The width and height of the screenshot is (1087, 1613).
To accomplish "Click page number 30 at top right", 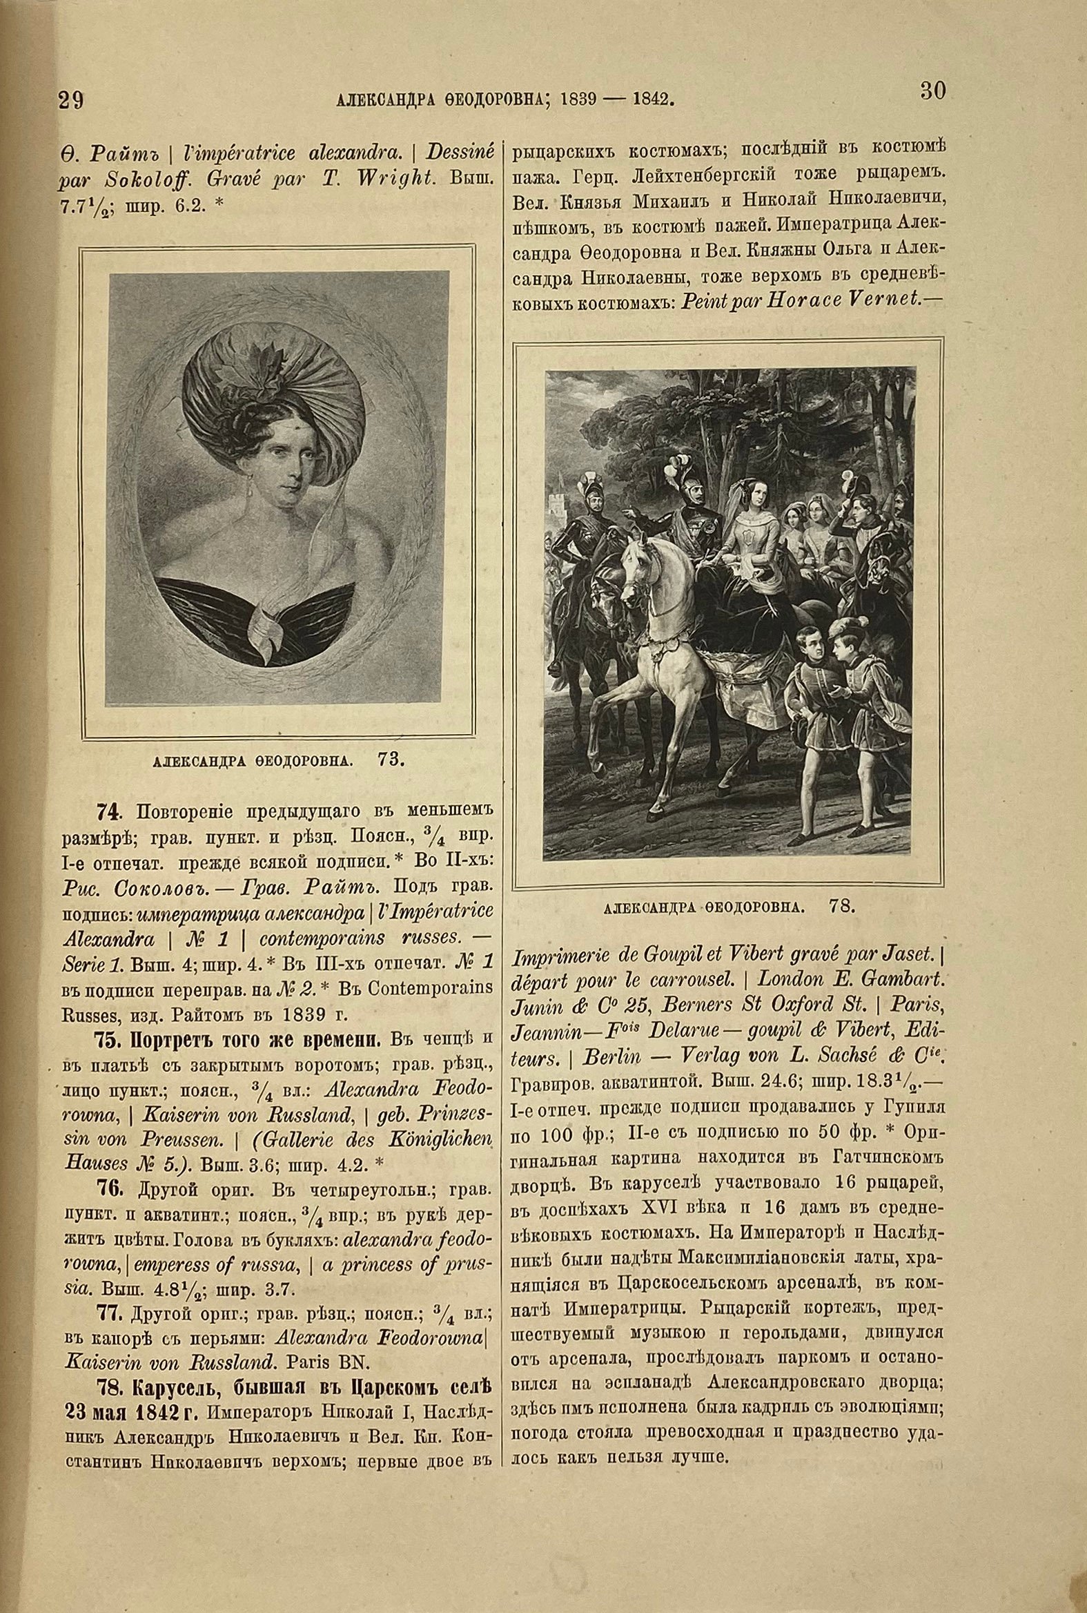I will [x=933, y=92].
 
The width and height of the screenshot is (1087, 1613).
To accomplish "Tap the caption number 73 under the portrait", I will [x=392, y=759].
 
